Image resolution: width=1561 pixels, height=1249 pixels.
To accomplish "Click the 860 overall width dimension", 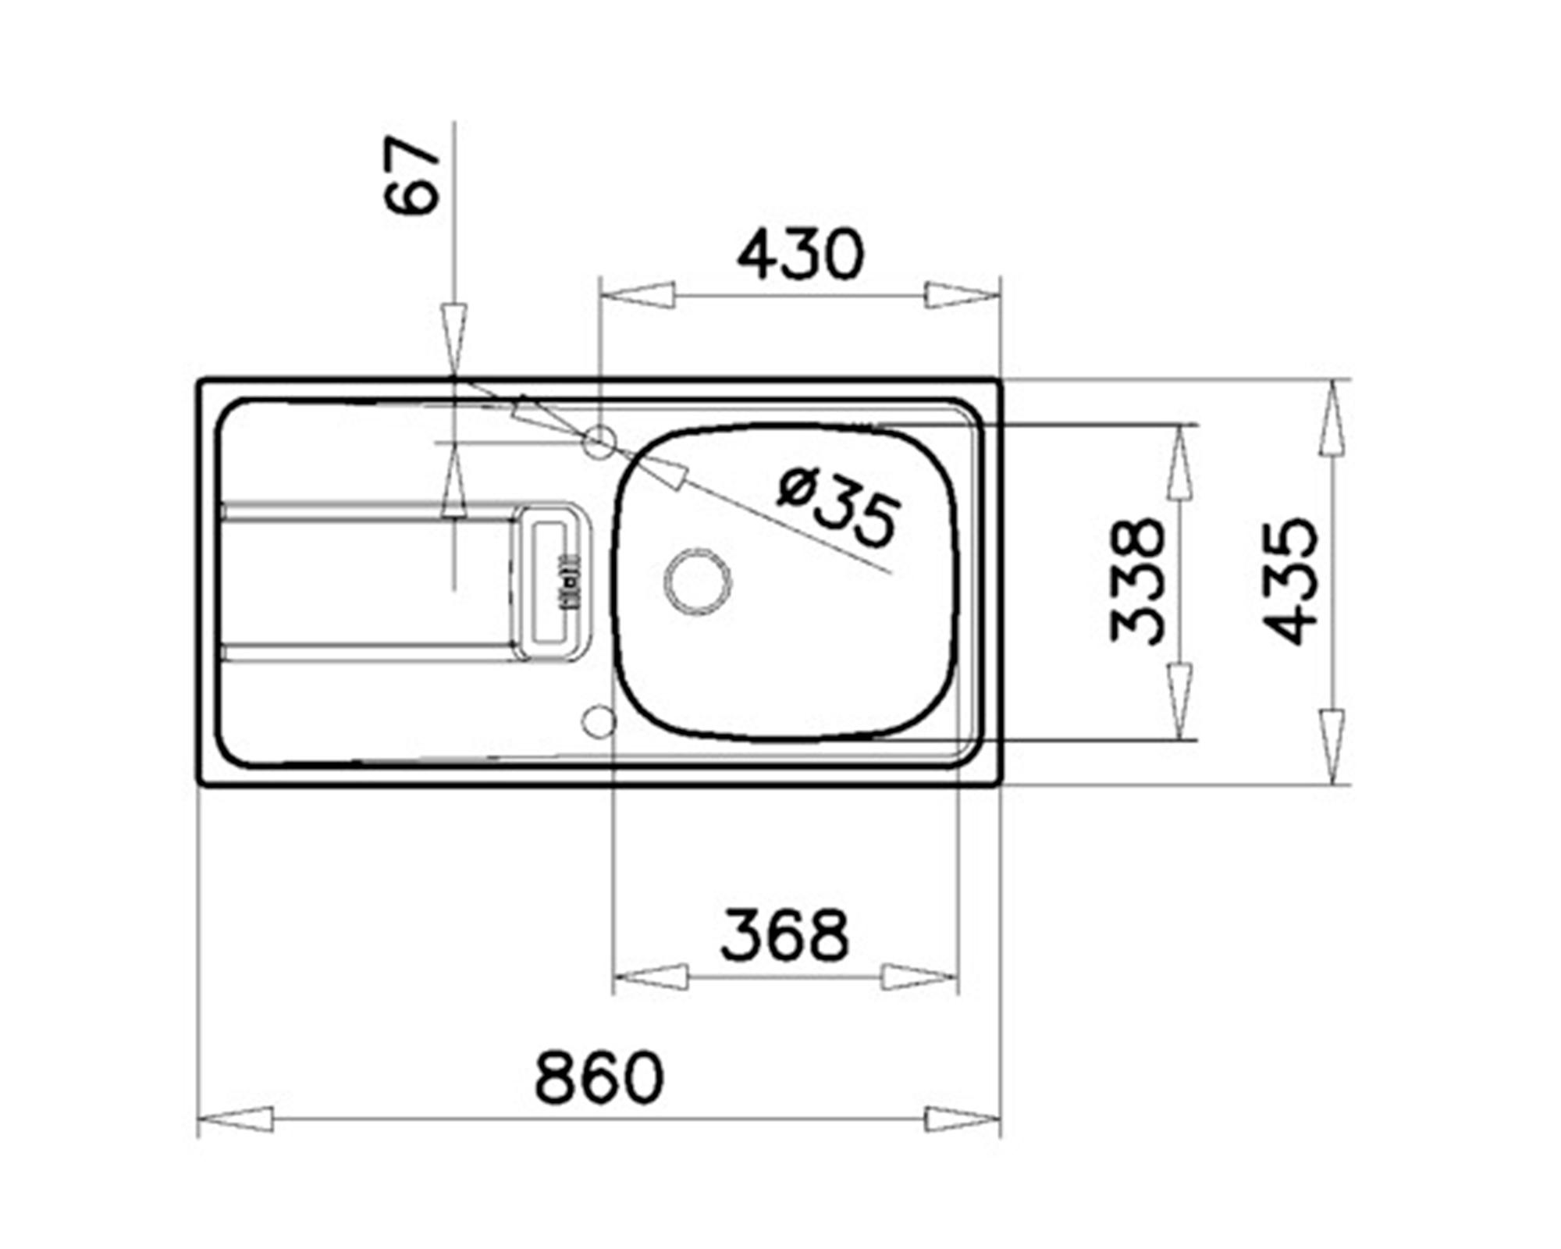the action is tap(599, 1078).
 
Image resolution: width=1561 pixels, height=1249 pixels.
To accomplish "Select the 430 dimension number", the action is tap(801, 254).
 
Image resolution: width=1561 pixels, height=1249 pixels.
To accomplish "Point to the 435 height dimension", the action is tap(1290, 581).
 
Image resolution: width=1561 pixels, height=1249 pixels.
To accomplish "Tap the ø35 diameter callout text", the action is tap(840, 507).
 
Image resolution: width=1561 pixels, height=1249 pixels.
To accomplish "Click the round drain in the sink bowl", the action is tap(698, 581).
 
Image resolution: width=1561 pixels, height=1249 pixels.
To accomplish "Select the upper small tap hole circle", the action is tap(600, 442).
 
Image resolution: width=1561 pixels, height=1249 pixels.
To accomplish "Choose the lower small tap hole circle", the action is tap(600, 721).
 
